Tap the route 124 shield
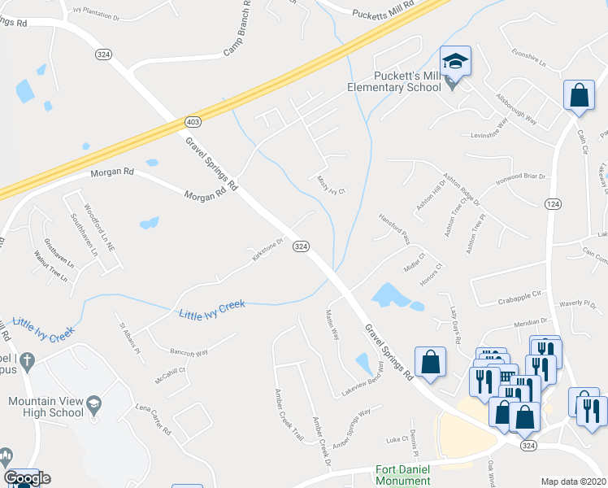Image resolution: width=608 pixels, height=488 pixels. [x=553, y=203]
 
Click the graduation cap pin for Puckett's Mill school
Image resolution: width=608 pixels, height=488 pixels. [x=455, y=62]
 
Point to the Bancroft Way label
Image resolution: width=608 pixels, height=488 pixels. [x=189, y=352]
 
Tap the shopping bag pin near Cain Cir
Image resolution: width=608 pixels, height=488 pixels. [x=579, y=94]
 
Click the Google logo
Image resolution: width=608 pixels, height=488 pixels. [x=27, y=478]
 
